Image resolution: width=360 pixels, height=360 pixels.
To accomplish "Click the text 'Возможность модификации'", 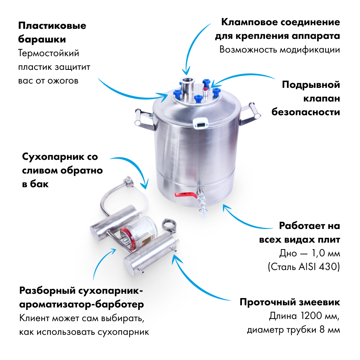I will (279, 50).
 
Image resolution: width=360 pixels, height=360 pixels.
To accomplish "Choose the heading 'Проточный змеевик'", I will (290, 302).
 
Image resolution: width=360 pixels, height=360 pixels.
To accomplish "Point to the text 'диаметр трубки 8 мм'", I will (293, 330).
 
